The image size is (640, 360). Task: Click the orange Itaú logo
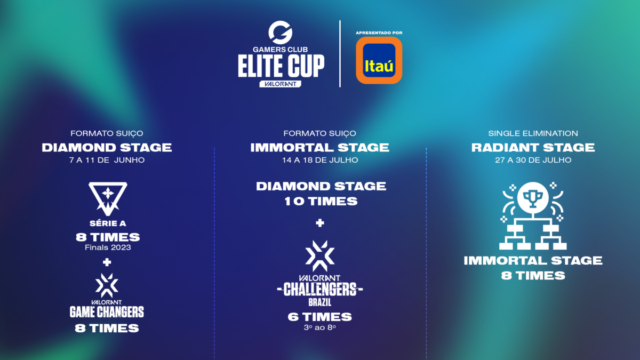tap(379, 60)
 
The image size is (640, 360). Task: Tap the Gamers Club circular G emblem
tap(280, 33)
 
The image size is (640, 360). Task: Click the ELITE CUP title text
tap(281, 66)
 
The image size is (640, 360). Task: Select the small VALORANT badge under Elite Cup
tap(280, 84)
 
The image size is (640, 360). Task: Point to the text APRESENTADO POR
tap(379, 33)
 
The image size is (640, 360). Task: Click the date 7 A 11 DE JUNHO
tap(107, 160)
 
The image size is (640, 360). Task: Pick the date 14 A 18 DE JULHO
tap(320, 160)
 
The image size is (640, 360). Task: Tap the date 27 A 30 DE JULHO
tap(533, 160)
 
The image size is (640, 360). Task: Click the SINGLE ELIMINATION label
tap(533, 133)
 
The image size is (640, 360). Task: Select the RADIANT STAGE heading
tap(533, 148)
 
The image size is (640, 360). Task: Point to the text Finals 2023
tap(108, 247)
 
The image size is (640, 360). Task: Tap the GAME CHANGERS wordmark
tap(107, 311)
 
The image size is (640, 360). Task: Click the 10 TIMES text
tap(321, 202)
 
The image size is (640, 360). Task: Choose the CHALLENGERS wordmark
tap(320, 289)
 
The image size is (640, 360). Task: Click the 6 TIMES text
tap(319, 317)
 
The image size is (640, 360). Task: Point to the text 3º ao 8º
tap(319, 327)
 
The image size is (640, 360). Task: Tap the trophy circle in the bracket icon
tap(533, 197)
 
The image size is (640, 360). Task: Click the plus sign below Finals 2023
tap(107, 262)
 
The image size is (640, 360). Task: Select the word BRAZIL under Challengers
tap(319, 302)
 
